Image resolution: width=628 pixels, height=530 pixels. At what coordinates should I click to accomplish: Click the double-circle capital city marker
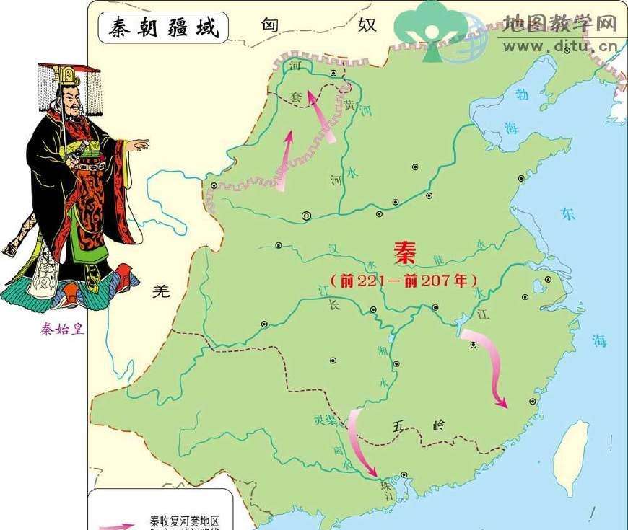[x=306, y=214]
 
